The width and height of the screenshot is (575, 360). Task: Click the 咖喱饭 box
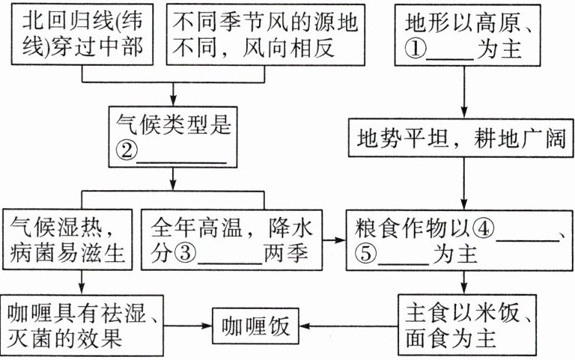(x=257, y=326)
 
